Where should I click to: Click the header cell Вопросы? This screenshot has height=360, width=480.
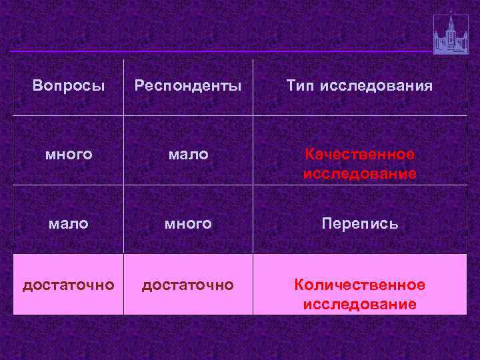pos(68,87)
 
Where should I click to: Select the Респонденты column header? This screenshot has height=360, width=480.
pos(188,87)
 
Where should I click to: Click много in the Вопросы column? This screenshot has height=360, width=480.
pos(68,155)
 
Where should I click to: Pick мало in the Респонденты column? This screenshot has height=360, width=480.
pos(188,155)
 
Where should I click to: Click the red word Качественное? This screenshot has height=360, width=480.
pos(360,155)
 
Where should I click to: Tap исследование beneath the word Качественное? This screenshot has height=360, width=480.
pos(360,174)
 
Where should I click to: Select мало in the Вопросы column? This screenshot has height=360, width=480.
pos(68,224)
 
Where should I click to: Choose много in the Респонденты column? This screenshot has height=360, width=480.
pos(188,224)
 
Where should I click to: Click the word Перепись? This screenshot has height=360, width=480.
pos(360,224)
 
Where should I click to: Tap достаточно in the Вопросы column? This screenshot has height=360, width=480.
pos(68,285)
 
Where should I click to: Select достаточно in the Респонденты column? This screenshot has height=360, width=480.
pos(188,285)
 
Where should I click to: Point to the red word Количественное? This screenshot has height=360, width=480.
pos(360,285)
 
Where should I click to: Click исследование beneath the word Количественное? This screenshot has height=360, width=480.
pos(360,305)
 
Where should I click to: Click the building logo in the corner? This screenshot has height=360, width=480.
pos(451,37)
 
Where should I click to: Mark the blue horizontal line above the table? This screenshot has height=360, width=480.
pos(220,51)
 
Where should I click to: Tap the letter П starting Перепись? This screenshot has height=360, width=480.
pos(327,224)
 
